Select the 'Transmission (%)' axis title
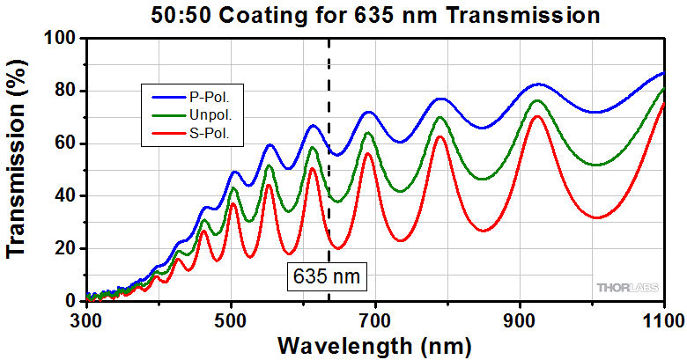coord(19,169)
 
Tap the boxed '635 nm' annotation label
coord(329,276)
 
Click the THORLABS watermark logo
coord(626,288)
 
